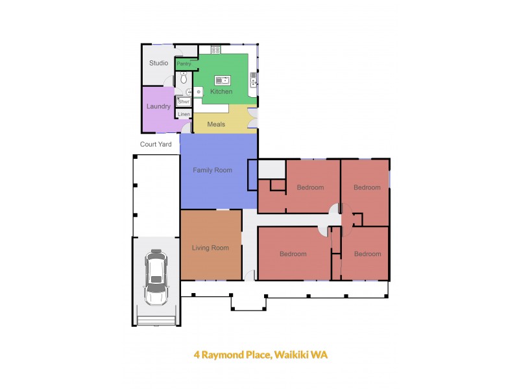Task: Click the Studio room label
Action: click(x=159, y=63)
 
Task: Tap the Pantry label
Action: click(x=184, y=64)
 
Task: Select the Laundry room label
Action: click(x=158, y=106)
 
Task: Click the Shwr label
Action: click(x=184, y=102)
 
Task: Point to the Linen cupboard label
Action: click(x=184, y=115)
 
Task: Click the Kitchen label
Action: click(x=221, y=91)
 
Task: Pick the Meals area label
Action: click(x=216, y=124)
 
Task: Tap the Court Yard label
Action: click(x=156, y=144)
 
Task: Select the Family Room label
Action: click(x=212, y=170)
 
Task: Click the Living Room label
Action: click(x=210, y=248)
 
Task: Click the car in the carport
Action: click(x=156, y=277)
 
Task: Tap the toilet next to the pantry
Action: click(x=184, y=78)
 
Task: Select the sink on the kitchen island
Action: click(x=223, y=80)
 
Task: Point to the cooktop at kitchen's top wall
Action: click(x=215, y=49)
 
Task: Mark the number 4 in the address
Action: click(x=197, y=355)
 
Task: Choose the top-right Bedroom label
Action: click(x=367, y=187)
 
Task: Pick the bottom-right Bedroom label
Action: click(x=367, y=253)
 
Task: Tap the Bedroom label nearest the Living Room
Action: click(x=293, y=253)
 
